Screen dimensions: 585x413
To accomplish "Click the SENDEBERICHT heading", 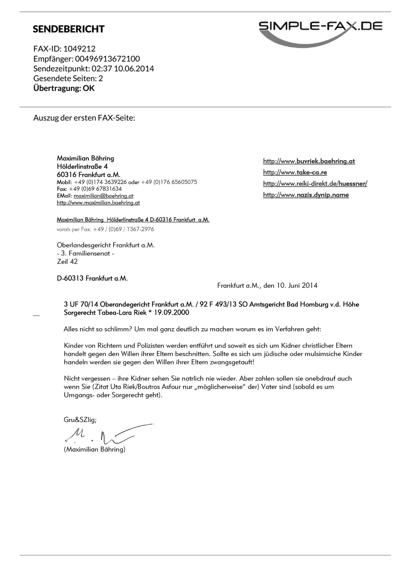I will (68, 29).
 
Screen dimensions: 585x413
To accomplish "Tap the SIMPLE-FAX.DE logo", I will (320, 31).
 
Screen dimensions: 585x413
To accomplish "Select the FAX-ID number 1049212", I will (79, 49).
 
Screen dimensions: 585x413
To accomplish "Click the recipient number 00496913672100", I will (107, 59).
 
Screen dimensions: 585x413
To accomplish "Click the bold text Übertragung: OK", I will (64, 88).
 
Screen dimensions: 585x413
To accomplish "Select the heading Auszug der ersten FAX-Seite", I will (84, 118).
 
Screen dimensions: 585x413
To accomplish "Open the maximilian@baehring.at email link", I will (103, 196).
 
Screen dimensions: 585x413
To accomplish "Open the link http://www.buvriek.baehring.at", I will (309, 161).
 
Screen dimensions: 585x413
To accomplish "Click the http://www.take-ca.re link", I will (295, 172).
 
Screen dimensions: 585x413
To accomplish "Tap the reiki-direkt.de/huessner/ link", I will (315, 184).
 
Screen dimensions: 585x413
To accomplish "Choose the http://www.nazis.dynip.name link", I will (306, 195).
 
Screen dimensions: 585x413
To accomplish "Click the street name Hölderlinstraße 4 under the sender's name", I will (82, 167).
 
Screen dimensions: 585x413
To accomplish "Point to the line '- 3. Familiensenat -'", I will (86, 254).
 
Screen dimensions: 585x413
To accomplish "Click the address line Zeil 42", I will (67, 262).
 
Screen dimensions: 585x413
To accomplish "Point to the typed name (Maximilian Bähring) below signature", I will (95, 449).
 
